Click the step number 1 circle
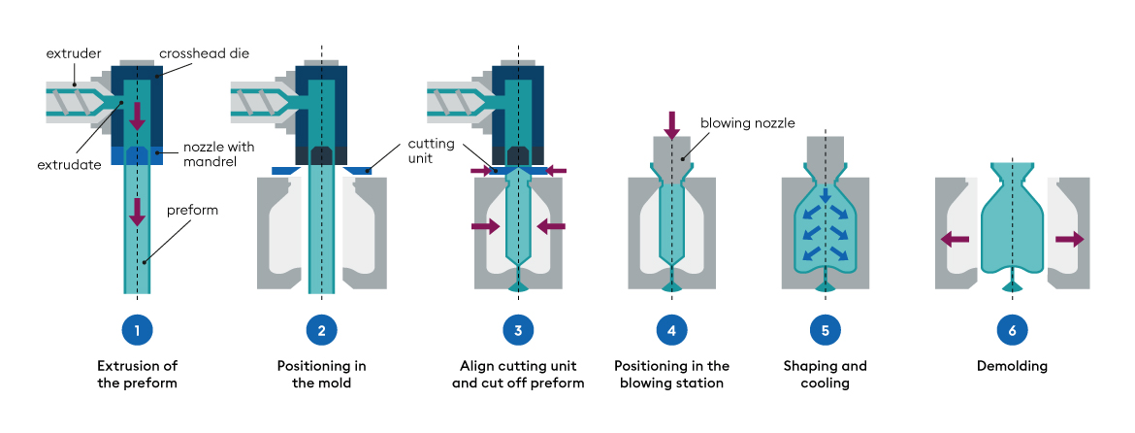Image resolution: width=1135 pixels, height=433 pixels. coord(137,330)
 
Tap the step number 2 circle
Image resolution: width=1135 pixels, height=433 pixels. coord(322,330)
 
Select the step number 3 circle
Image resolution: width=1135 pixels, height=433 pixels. coord(518,330)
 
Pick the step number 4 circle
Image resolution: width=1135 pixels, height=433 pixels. coord(671,330)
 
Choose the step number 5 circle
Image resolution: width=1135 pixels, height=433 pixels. coord(825,330)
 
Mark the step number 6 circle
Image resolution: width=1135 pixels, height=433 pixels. coord(1012,330)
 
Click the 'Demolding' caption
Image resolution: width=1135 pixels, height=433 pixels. coord(1012,367)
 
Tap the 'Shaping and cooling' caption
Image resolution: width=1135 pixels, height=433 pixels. coord(825,375)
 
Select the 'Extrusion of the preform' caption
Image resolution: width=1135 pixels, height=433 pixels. coord(137,375)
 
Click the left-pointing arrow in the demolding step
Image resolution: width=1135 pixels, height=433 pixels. coord(955,238)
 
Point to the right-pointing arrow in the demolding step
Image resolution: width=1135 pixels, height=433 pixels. coord(1069,238)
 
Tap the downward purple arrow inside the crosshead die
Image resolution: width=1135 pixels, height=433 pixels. coord(137,115)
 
